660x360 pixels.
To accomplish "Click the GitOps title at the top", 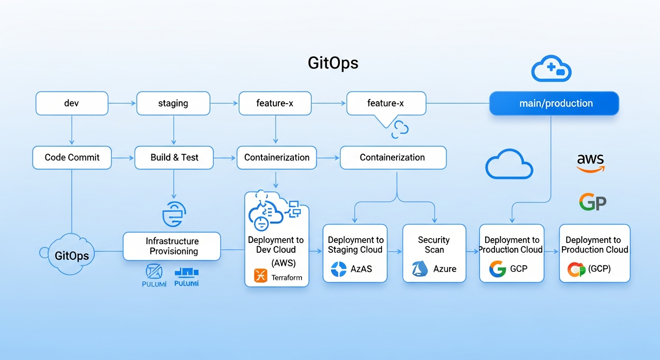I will point(333,63).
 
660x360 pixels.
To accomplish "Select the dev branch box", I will point(72,103).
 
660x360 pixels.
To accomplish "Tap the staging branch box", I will point(173,103).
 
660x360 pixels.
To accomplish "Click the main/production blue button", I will point(554,103).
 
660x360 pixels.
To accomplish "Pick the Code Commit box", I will point(72,157).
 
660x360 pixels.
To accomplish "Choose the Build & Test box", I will point(174,157).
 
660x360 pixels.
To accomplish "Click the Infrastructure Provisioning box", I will point(172,246).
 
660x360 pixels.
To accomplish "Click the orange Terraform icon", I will point(260,276).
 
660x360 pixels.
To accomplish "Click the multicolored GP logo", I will point(592,202).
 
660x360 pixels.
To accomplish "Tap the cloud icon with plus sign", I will point(551,69).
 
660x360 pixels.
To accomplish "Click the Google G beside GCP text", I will point(498,269).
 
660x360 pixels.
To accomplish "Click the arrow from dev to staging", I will point(122,103).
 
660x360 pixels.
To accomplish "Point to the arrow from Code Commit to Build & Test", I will point(123,158).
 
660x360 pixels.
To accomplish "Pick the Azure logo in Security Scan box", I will point(420,269).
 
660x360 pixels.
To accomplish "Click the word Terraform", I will point(287,277).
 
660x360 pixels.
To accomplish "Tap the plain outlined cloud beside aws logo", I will point(509,165).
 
